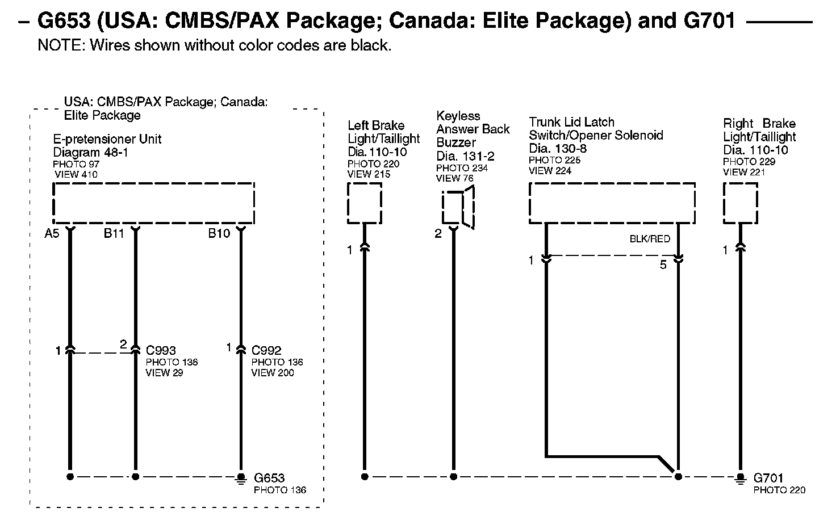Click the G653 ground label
(269, 478)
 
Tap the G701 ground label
(768, 478)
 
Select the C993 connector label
(161, 350)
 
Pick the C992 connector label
(266, 350)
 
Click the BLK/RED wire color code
(650, 239)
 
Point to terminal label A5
(52, 233)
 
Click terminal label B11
(114, 233)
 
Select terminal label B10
(219, 233)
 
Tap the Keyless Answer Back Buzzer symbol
(459, 208)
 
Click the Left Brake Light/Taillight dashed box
(364, 203)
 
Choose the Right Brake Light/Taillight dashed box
(740, 203)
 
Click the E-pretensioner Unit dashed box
(153, 203)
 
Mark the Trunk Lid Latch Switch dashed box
(612, 203)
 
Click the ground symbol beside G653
(241, 478)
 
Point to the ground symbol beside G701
(740, 478)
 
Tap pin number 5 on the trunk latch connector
(663, 264)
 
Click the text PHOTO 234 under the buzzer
(462, 168)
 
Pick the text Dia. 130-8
(558, 149)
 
